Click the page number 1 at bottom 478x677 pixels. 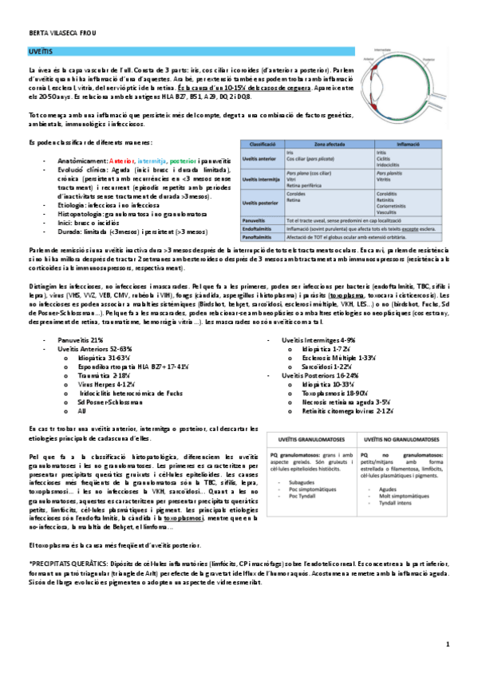[448, 643]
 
